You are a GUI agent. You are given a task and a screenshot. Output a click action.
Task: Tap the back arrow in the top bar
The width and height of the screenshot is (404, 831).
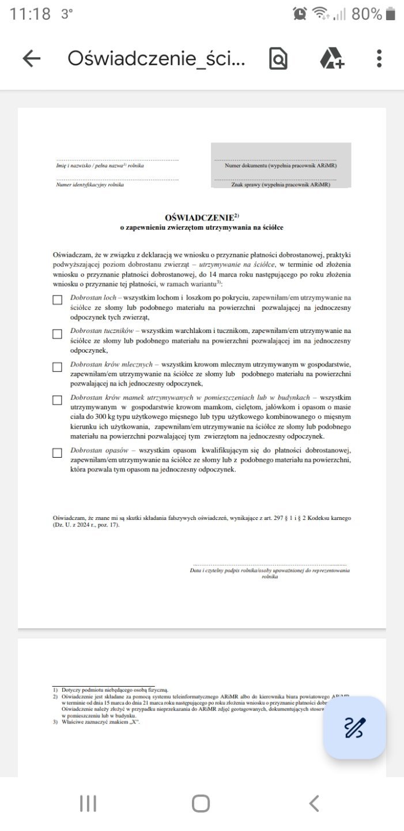point(32,58)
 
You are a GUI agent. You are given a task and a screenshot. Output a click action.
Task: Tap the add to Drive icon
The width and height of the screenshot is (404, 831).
point(331,58)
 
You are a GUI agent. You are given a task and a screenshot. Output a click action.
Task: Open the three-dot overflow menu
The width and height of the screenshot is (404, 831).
point(379,58)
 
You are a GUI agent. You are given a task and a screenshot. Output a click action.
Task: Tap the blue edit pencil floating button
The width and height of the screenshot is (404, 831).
point(354,727)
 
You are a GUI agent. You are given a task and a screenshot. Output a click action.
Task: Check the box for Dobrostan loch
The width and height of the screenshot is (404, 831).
point(57,300)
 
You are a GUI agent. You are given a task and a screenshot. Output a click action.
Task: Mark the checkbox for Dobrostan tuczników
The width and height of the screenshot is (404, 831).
point(57,334)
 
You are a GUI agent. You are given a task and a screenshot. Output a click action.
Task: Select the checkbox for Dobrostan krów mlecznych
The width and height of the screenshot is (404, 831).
point(57,367)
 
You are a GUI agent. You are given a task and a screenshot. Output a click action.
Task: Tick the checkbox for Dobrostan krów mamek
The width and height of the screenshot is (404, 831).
point(57,400)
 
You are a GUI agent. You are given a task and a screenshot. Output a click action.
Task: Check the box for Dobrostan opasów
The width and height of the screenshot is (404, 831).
point(57,453)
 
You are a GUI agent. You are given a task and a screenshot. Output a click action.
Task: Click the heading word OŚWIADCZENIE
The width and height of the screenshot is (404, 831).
point(199,218)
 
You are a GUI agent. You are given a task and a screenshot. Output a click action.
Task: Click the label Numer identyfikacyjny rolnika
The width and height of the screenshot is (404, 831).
point(90,185)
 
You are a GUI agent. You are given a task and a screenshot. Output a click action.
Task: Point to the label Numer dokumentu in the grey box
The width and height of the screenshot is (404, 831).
point(281,166)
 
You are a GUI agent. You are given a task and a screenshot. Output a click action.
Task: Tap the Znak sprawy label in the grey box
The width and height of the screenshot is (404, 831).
point(281,185)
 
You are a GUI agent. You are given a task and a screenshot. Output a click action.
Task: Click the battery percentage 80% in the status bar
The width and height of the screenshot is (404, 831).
point(367,14)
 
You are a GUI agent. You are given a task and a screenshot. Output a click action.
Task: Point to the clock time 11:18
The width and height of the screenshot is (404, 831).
point(30,14)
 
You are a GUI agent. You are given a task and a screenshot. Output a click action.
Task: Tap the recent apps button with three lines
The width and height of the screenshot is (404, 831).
point(88,803)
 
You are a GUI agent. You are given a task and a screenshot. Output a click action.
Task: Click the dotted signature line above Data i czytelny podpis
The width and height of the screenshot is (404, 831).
point(270,565)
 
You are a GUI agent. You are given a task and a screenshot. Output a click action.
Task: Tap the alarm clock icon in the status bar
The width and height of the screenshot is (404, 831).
point(300,14)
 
